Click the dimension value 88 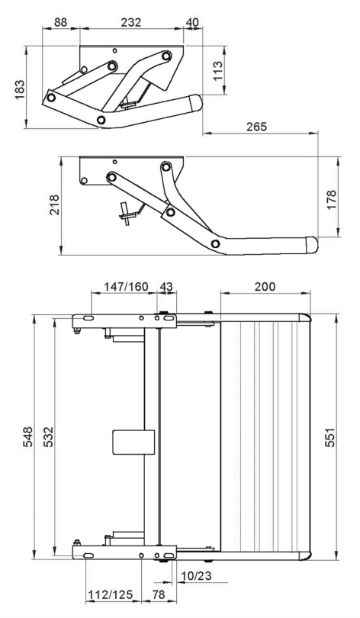point(59,23)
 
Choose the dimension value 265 point(256,127)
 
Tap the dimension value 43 point(166,286)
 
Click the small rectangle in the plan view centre point(127,443)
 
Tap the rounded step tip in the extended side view point(310,244)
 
